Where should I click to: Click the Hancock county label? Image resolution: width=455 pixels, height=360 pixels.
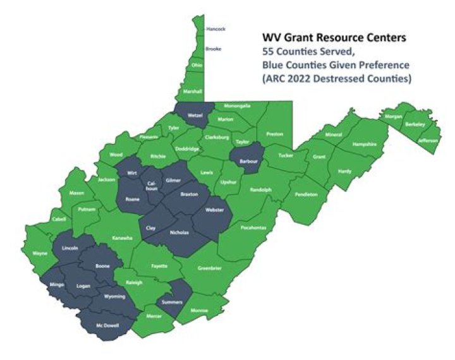(x=215, y=29)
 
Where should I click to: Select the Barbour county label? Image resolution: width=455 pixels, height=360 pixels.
(x=248, y=161)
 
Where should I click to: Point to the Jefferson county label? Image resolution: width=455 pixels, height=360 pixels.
(x=427, y=140)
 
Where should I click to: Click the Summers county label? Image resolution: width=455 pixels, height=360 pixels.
(x=171, y=303)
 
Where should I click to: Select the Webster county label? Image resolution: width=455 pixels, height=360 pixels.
(x=215, y=210)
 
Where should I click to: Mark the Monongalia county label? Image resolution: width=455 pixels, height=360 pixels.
(x=239, y=106)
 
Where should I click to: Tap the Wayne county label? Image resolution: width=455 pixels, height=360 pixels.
(x=40, y=253)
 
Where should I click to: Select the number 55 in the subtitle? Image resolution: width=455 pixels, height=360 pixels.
(x=270, y=52)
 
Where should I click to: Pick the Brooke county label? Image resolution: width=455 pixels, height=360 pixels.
(x=214, y=49)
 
